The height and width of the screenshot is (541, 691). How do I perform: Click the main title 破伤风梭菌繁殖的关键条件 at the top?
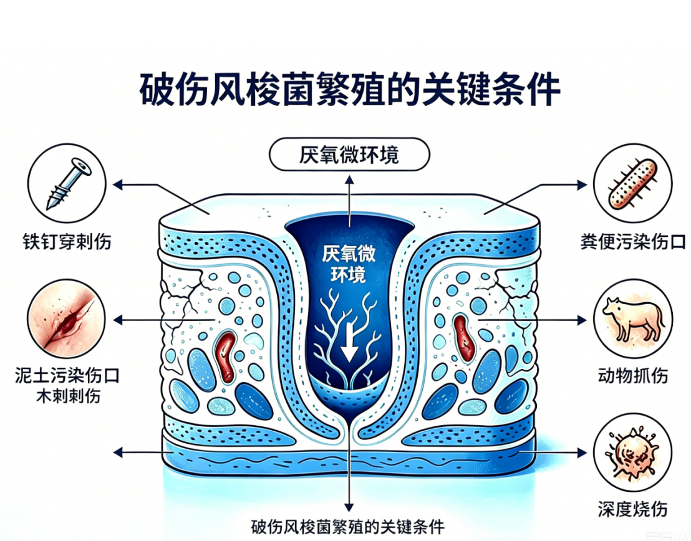pos(350,90)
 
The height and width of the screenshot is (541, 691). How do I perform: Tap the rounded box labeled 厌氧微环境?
pos(349,154)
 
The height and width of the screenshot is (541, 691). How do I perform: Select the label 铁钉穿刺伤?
pos(67,242)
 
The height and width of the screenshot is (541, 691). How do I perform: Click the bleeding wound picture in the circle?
pos(67,318)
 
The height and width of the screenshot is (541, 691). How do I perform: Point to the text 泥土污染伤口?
pos(67,376)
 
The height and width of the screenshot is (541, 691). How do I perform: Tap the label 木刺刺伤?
pos(68,396)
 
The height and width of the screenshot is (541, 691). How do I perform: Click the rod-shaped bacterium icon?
pos(633,184)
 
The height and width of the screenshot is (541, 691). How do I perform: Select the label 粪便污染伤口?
pos(633,242)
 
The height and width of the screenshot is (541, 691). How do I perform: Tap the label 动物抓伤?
pos(633,376)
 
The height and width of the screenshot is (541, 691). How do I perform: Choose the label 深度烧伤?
pos(633,509)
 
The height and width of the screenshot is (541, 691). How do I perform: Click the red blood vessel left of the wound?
pos(226,357)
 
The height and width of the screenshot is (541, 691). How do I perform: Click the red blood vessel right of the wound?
pos(464,338)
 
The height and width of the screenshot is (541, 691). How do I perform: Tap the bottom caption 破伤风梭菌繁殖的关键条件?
pos(348,527)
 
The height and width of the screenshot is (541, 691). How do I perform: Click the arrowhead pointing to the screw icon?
pos(118,184)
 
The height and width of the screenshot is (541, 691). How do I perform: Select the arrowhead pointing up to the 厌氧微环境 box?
pos(349,180)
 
